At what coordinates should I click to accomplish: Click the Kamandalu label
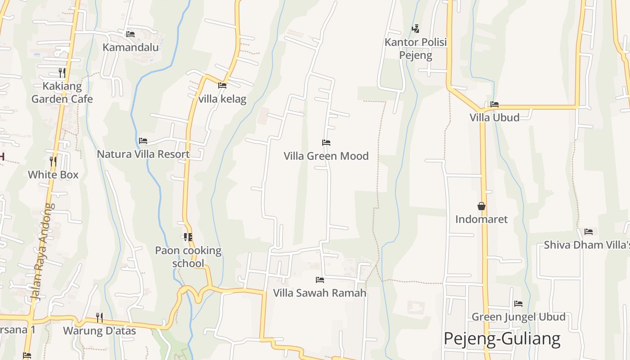tap(131, 47)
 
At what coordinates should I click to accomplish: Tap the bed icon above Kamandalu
tap(130, 34)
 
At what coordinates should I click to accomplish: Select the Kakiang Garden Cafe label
tap(62, 92)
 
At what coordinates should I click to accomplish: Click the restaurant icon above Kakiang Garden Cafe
tap(62, 72)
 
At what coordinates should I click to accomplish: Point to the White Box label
tap(53, 175)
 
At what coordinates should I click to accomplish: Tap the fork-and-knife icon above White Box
tap(53, 161)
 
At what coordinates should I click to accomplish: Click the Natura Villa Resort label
tap(143, 154)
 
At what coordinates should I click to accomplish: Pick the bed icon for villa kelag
tap(222, 85)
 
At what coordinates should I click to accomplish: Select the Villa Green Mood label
tap(326, 156)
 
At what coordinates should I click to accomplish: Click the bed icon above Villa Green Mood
tap(326, 143)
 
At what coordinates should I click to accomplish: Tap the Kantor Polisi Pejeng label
tap(415, 49)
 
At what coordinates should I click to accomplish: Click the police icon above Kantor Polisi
tap(415, 29)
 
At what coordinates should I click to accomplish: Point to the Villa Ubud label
tap(495, 117)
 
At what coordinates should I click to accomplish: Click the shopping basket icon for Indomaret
tap(481, 206)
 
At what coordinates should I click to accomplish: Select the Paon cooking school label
tap(188, 256)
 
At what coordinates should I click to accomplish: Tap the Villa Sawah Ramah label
tap(319, 293)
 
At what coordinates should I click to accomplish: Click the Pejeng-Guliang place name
tap(502, 338)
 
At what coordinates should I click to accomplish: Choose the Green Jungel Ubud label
tap(518, 317)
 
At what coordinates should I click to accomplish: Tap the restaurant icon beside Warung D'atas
tap(99, 318)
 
